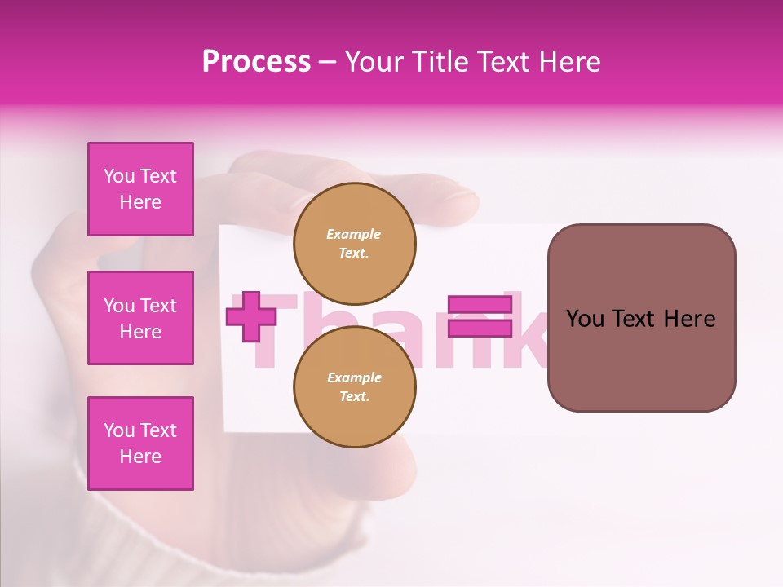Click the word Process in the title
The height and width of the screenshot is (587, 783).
click(x=256, y=62)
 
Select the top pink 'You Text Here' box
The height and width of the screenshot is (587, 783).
click(x=140, y=189)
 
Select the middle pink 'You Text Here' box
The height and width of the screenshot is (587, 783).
click(x=140, y=318)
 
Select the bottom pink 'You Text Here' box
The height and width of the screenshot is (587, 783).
click(x=140, y=444)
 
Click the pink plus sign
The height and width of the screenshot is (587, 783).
click(x=251, y=317)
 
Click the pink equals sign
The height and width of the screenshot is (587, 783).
click(x=480, y=317)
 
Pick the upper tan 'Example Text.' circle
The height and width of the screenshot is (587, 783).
click(x=354, y=243)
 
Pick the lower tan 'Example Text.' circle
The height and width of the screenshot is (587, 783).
click(x=354, y=386)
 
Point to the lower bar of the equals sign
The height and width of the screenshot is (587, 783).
click(x=480, y=329)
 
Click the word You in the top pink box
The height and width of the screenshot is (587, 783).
click(x=119, y=176)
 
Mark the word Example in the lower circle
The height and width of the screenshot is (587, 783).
click(x=354, y=377)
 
